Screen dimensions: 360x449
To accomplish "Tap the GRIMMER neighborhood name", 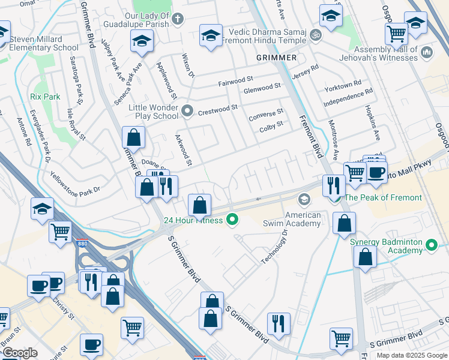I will click(x=276, y=57).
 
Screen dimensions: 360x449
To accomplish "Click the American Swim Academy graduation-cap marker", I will click(x=304, y=199).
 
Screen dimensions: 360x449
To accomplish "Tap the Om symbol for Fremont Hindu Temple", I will click(x=318, y=35).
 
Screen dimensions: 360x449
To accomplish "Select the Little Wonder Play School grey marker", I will click(x=187, y=110).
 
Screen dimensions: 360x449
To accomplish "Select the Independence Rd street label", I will click(x=348, y=97).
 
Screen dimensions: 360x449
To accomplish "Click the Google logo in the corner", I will click(x=20, y=353).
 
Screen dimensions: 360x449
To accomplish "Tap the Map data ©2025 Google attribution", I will click(x=411, y=355).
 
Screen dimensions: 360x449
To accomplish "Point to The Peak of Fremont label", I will click(x=384, y=197).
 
